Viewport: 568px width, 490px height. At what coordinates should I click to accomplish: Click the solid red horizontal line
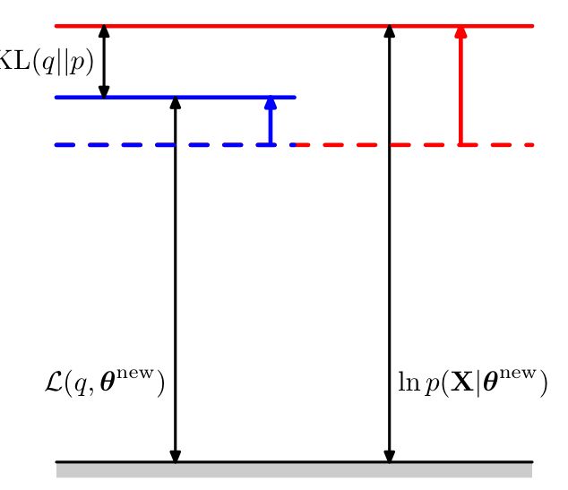click(269, 26)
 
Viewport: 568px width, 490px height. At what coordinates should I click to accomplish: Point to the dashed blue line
click(161, 144)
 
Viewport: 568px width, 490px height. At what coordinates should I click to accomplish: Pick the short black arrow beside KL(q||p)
click(104, 61)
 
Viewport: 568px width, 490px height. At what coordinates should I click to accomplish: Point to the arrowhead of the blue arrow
click(271, 102)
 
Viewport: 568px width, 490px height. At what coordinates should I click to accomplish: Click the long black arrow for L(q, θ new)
click(176, 269)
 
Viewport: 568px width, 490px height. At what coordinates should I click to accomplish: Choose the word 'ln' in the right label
click(407, 384)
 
